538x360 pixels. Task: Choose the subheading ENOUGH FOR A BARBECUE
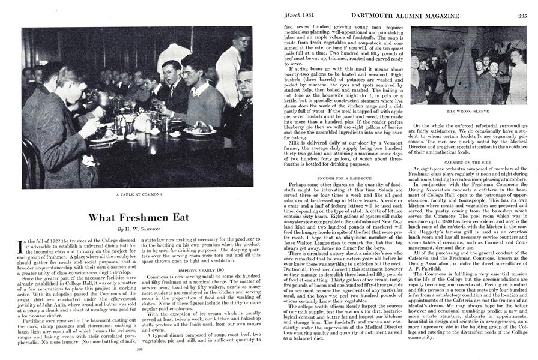point(339,179)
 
